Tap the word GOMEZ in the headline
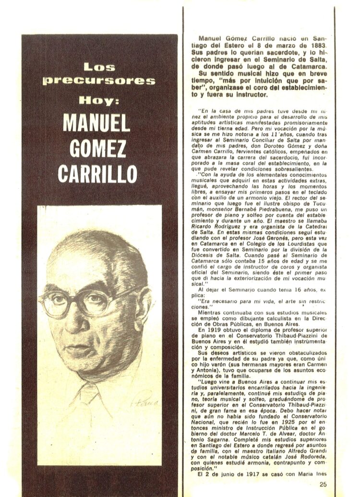(x=97, y=149)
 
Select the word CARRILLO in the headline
(x=97, y=173)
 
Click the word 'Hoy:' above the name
(x=99, y=102)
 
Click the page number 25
(x=323, y=484)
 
